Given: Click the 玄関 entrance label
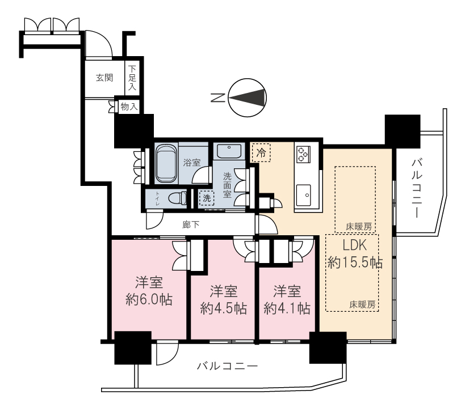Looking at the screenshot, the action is [104, 78].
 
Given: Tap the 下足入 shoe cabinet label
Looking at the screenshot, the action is [132, 78].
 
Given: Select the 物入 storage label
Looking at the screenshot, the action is [129, 107].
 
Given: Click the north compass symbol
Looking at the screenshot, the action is [248, 97].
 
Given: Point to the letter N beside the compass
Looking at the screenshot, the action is [217, 97].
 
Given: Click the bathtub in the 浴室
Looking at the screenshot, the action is [166, 163].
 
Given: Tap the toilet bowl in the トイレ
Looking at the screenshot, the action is [177, 198].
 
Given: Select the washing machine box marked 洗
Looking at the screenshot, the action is [207, 198].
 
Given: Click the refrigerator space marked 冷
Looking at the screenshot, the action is [261, 152].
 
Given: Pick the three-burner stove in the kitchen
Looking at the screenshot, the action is [303, 154].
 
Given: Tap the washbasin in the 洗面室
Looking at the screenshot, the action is [229, 151].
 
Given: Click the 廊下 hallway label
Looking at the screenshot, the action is [191, 224].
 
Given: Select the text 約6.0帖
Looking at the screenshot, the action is [149, 300].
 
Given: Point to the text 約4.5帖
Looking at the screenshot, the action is [223, 309].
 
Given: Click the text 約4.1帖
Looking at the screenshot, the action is [287, 309].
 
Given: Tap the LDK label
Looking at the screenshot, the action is [354, 245].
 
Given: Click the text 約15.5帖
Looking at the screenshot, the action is [355, 262].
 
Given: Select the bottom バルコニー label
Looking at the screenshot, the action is [228, 366].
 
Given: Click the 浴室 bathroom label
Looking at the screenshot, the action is [191, 162].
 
